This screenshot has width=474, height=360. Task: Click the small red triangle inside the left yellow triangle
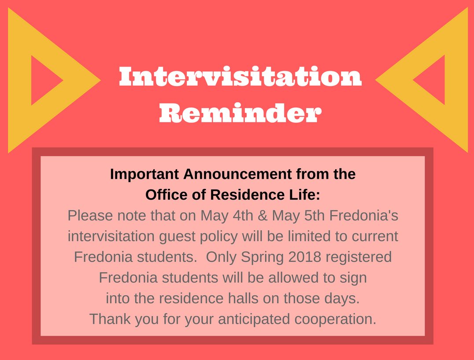[x=44, y=80]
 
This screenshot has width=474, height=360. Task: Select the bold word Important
[x=145, y=174]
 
